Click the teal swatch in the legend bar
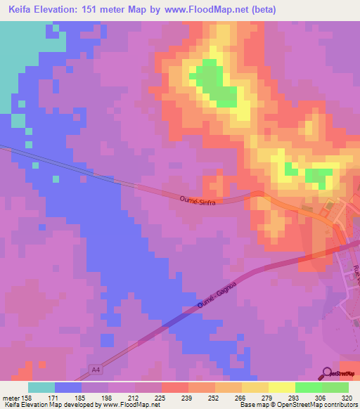41,387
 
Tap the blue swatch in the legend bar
68,387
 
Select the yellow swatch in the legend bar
255,387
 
